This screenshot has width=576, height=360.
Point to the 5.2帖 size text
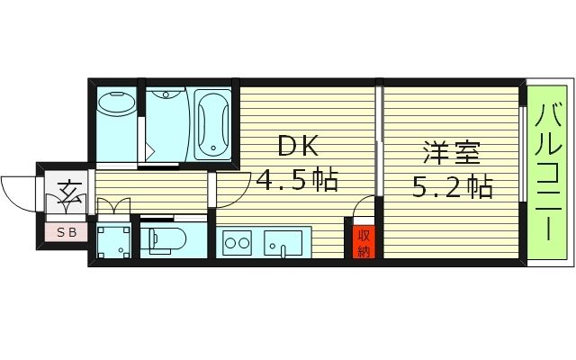click(x=453, y=188)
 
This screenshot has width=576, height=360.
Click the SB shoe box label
click(x=67, y=232)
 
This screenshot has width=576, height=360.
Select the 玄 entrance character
click(x=68, y=191)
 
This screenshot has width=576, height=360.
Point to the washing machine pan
click(x=113, y=241)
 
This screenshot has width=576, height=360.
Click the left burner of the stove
click(x=229, y=242)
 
